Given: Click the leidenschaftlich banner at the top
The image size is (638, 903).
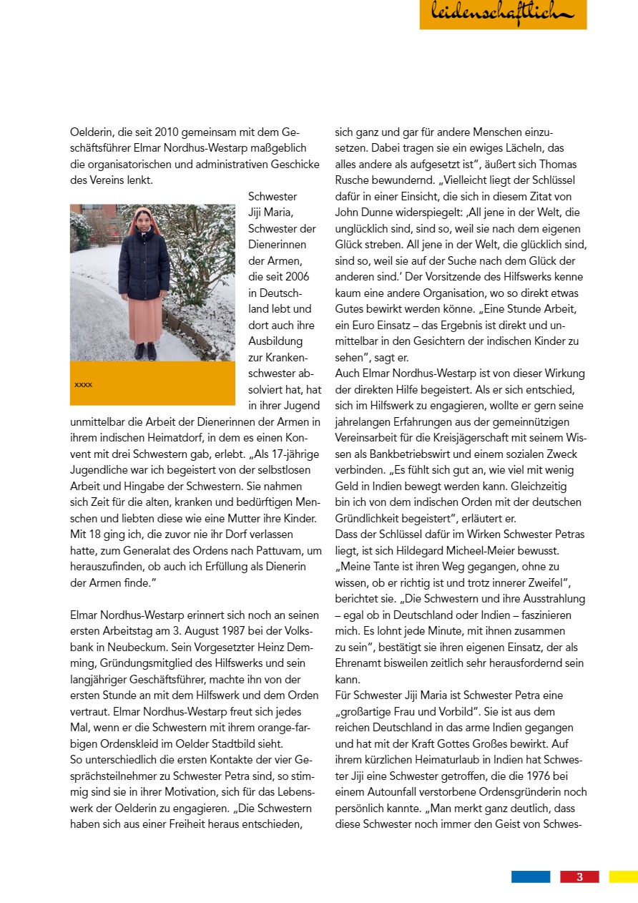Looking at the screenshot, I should pos(503,14).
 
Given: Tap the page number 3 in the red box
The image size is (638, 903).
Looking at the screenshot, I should pos(579,877).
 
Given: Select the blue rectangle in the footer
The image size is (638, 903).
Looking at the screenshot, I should pos(531,877).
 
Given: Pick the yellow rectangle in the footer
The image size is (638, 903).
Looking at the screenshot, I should pos(623,877).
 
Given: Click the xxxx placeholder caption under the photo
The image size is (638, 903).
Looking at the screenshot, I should pos(84,384).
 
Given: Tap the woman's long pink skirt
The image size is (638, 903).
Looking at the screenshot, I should pos(145,319).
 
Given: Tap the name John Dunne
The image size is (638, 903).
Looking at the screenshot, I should pos(362,213).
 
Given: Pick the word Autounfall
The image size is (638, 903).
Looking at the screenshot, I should pos(399,792).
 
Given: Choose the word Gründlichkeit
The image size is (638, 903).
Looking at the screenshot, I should pos(370,517).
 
